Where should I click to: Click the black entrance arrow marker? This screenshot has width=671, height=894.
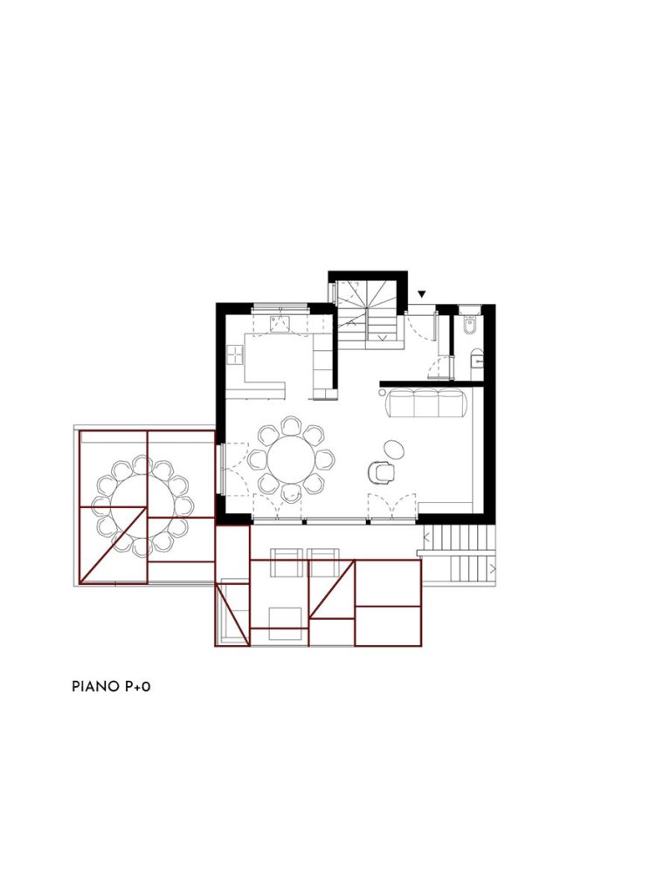click(x=422, y=294)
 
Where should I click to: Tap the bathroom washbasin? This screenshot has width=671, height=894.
click(x=476, y=359)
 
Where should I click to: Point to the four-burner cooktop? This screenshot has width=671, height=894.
click(x=235, y=355)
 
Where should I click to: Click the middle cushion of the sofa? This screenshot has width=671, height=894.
click(x=426, y=403)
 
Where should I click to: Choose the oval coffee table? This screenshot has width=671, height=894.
click(x=395, y=449)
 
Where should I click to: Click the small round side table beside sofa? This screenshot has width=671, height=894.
click(x=382, y=392)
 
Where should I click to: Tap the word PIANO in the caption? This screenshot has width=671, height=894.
click(x=94, y=686)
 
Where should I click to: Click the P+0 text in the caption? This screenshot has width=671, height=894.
click(x=137, y=686)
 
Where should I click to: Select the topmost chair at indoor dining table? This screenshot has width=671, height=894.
click(x=291, y=426)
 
